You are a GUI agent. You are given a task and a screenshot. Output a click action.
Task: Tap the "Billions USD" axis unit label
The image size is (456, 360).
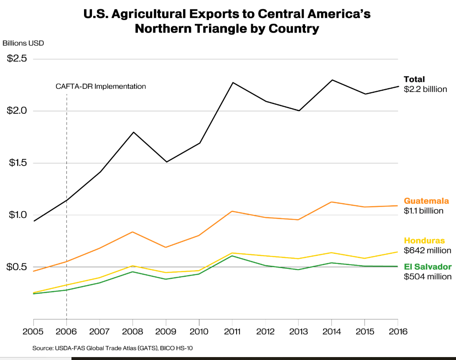23,43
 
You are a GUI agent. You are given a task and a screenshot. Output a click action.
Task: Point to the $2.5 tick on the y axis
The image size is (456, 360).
17,59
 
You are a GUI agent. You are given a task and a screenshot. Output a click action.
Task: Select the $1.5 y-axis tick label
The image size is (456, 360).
17,163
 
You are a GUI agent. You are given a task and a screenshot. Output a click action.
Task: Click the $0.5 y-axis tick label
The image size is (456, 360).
17,267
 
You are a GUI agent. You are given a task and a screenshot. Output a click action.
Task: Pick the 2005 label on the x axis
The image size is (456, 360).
33,332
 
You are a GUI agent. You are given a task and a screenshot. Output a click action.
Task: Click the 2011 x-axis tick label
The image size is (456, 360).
232,332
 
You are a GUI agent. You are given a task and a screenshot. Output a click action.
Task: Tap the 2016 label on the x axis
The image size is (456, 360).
397,332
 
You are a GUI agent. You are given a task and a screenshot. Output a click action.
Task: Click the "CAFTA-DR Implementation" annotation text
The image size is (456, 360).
101,87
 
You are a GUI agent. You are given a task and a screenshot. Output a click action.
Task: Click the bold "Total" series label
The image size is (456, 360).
414,79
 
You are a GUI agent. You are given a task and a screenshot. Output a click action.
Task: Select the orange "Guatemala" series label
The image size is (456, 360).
426,201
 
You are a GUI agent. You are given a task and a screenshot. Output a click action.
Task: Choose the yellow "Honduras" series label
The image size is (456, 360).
424,240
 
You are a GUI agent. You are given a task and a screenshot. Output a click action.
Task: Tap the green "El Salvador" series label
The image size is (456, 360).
428,267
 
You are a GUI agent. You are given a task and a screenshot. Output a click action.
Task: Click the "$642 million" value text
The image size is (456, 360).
428,251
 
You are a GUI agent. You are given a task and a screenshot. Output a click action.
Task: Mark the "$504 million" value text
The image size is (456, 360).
428,277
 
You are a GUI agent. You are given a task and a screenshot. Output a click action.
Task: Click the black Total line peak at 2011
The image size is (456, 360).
232,82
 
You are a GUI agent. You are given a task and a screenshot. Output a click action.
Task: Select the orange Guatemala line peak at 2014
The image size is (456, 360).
331,202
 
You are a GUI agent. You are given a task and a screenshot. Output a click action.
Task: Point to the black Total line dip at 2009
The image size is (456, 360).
166,162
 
